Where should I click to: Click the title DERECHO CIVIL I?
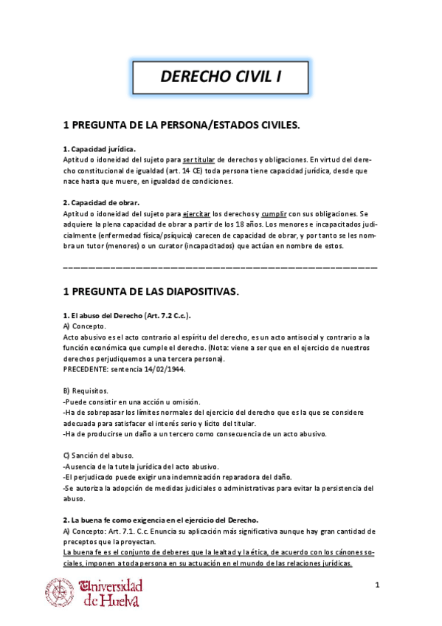click(221, 76)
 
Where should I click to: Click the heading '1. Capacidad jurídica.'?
click(99, 148)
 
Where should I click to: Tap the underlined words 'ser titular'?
click(199, 159)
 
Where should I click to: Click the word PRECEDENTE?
click(86, 369)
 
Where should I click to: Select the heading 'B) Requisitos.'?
click(86, 391)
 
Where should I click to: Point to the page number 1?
click(376, 585)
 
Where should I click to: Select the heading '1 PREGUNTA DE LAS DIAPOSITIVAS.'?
click(151, 292)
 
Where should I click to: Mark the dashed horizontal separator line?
click(221, 264)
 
